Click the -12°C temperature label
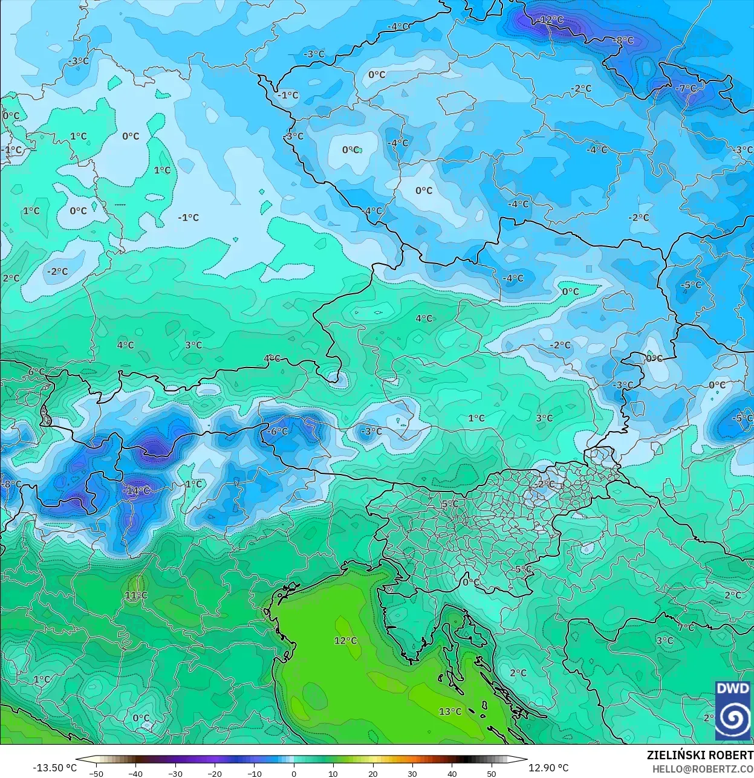tap(550, 20)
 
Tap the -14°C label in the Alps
tap(137, 490)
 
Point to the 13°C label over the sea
tap(450, 712)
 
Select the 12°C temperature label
tap(346, 641)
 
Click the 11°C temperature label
tap(136, 595)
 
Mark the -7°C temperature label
tap(686, 88)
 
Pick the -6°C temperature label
tap(278, 432)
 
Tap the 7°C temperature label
tap(686, 628)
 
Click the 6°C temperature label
tap(36, 372)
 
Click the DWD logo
tap(733, 710)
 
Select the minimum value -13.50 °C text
tap(55, 768)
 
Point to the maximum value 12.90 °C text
tap(548, 768)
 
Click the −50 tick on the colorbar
tap(96, 774)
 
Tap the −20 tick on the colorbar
tap(215, 774)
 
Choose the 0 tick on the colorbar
tap(294, 774)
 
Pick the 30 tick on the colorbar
tap(412, 774)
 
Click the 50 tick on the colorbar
tap(492, 774)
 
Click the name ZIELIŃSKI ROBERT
tap(700, 755)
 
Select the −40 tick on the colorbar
tap(135, 774)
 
